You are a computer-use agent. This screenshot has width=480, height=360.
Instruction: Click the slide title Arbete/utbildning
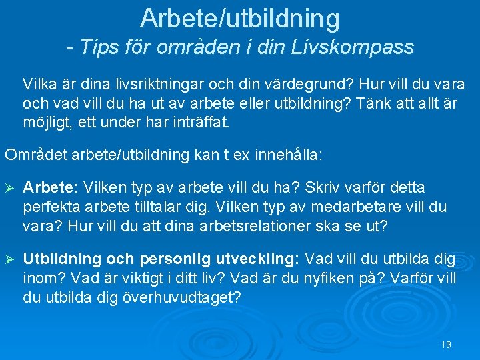point(240,19)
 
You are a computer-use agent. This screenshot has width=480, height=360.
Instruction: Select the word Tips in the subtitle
point(99,47)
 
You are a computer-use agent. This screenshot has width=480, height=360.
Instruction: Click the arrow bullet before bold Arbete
point(11,189)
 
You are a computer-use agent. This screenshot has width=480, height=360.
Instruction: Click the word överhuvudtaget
point(180,296)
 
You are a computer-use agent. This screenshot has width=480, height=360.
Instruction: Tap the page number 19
point(446,345)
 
